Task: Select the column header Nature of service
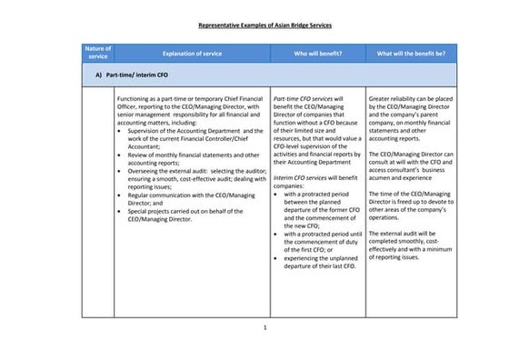(97, 53)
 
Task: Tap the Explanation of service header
(192, 54)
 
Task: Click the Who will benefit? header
(317, 54)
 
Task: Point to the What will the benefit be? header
(411, 54)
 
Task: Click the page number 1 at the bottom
(264, 327)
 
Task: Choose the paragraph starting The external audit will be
(412, 245)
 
